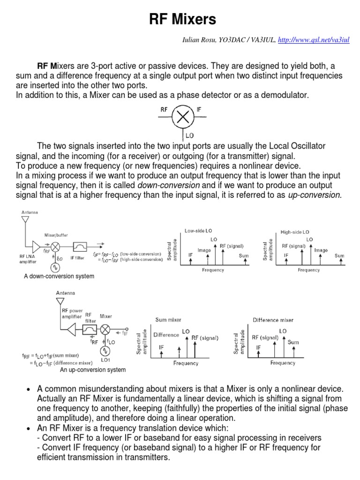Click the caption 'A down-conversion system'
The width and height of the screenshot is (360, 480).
tap(59, 277)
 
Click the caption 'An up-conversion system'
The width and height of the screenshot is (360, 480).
tap(93, 370)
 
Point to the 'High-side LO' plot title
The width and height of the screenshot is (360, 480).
tap(295, 232)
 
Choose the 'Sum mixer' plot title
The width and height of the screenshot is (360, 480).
tap(168, 320)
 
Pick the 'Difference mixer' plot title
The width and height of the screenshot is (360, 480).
tap(273, 320)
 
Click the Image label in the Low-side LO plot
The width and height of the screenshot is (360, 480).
tap(204, 250)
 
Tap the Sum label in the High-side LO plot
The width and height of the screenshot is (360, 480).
tap(339, 255)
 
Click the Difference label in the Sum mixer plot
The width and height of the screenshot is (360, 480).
tap(166, 335)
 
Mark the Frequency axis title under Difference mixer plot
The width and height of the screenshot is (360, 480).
tap(283, 363)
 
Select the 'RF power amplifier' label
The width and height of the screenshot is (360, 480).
tap(72, 313)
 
